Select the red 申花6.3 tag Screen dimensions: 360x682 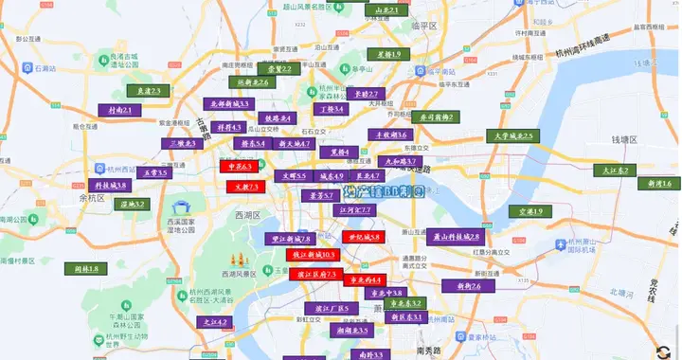(238, 167)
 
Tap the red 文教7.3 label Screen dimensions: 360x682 (241, 187)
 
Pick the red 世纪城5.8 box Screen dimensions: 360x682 (361, 237)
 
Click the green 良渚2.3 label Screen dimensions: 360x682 (146, 91)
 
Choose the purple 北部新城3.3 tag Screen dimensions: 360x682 (228, 103)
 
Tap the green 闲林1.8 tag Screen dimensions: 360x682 (86, 269)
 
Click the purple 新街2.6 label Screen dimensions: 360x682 (463, 285)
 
